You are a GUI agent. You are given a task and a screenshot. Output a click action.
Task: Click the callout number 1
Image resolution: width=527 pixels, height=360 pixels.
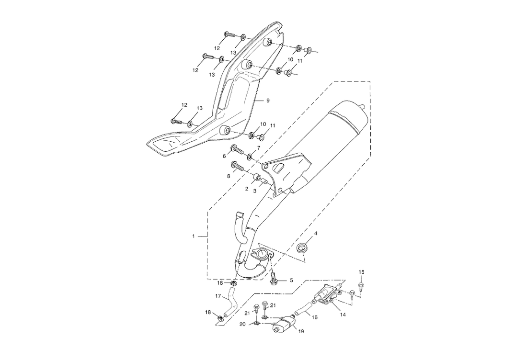point(193,236)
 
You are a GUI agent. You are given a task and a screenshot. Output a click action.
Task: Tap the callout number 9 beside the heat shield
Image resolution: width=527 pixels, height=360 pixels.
point(268,101)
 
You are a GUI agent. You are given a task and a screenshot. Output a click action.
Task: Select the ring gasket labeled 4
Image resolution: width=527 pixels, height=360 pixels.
point(301,248)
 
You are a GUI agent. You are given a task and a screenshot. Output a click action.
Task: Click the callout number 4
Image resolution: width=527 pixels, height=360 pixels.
point(315,234)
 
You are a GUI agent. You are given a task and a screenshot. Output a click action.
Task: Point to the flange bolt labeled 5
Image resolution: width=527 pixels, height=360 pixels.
point(274,278)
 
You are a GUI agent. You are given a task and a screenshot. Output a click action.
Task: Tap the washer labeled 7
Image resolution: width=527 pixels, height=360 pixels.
point(250,157)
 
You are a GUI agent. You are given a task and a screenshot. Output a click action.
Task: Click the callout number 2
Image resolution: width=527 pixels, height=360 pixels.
point(247,189)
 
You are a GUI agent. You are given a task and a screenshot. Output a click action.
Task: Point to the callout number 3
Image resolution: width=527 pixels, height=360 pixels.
point(255,191)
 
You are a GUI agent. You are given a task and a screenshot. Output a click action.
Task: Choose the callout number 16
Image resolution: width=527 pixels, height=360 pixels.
point(314,317)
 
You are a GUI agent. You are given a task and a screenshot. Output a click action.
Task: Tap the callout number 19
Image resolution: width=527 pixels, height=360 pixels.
point(301,331)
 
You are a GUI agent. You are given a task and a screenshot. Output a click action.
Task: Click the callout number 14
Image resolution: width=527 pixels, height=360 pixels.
point(342,315)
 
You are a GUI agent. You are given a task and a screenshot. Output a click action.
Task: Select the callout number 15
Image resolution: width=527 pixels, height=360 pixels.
point(362,272)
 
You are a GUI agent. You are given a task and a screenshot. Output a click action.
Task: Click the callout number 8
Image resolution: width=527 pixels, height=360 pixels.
point(229,176)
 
